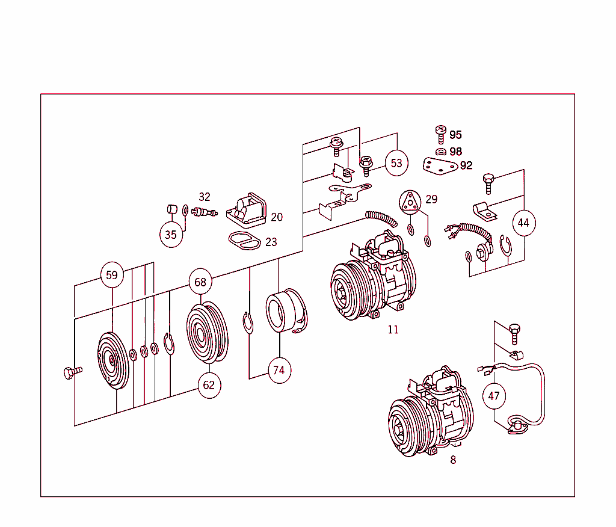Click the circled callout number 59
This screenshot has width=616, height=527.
pyautogui.click(x=112, y=276)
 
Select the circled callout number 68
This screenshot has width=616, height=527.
pyautogui.click(x=200, y=282)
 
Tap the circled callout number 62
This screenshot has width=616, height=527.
pyautogui.click(x=208, y=385)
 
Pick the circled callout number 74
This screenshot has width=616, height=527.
pyautogui.click(x=279, y=370)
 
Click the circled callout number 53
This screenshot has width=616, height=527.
pyautogui.click(x=396, y=163)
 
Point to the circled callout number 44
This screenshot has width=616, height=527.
pyautogui.click(x=523, y=223)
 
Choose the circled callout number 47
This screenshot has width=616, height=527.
pyautogui.click(x=494, y=396)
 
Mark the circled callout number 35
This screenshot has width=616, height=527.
pyautogui.click(x=171, y=235)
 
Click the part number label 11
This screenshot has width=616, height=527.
pyautogui.click(x=393, y=330)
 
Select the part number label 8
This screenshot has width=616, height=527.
pyautogui.click(x=453, y=460)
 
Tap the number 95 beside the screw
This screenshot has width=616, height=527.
pyautogui.click(x=455, y=135)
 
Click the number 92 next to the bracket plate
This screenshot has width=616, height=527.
pyautogui.click(x=466, y=165)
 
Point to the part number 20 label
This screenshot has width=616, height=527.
pyautogui.click(x=276, y=217)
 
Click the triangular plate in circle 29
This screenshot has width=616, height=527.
pyautogui.click(x=410, y=203)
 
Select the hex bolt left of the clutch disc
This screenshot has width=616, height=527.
pyautogui.click(x=70, y=373)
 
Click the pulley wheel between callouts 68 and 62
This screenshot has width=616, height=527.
pyautogui.click(x=206, y=333)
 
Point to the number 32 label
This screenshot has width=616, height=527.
pyautogui.click(x=205, y=197)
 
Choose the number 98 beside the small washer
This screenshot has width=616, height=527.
pyautogui.click(x=455, y=151)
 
